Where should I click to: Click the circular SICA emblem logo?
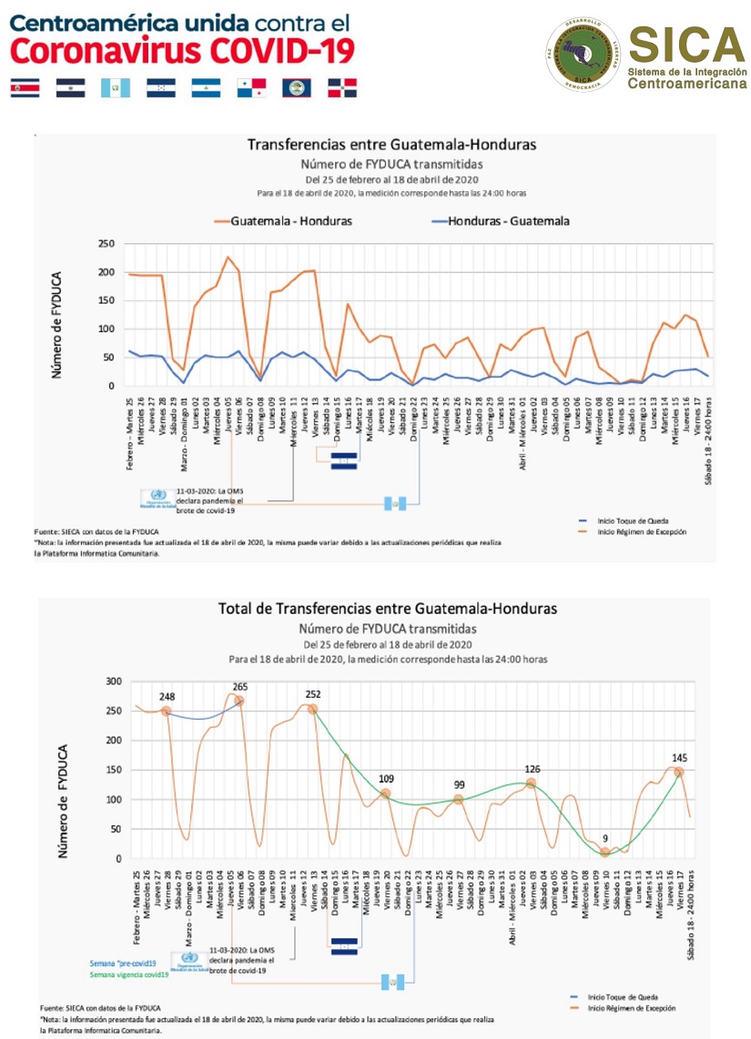[x=590, y=55]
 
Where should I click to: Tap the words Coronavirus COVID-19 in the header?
[x=182, y=52]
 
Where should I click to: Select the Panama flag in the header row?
[x=250, y=88]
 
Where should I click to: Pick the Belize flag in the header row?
[x=296, y=88]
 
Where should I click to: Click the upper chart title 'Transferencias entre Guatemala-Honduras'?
[x=392, y=145]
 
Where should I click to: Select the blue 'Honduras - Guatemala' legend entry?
[x=509, y=221]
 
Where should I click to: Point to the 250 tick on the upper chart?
[x=107, y=244]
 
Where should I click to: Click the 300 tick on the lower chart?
[x=113, y=681]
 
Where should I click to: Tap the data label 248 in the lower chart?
[x=167, y=698]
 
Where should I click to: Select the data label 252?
[x=312, y=694]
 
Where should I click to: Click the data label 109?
[x=385, y=780]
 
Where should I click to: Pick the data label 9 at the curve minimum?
[x=604, y=839]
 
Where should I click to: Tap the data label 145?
[x=678, y=758]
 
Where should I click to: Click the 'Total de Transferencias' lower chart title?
[x=387, y=609]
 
